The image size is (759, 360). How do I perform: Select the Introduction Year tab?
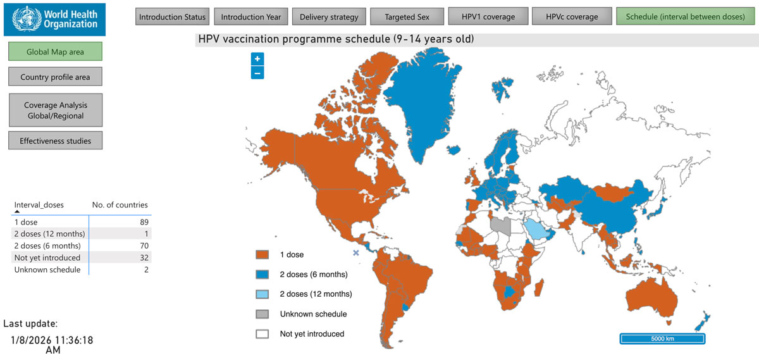pos(251,17)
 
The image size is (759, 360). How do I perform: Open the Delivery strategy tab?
pos(329,17)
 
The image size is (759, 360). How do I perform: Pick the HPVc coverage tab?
pos(572,17)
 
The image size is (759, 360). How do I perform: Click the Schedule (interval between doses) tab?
pos(685,17)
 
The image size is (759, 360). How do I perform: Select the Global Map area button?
pos(55,52)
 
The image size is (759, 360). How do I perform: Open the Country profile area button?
pos(55,77)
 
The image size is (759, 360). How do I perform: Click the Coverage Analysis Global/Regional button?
pos(55,111)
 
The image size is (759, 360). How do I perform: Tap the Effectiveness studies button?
pos(55,140)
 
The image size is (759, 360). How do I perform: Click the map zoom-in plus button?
pos(257,59)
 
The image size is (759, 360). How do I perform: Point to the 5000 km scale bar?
pos(662,338)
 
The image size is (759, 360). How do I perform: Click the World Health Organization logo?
pos(54,19)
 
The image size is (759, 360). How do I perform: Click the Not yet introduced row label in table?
pos(47,258)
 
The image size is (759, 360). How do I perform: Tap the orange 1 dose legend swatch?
pos(262,254)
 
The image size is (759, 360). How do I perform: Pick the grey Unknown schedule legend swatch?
pos(262,314)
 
